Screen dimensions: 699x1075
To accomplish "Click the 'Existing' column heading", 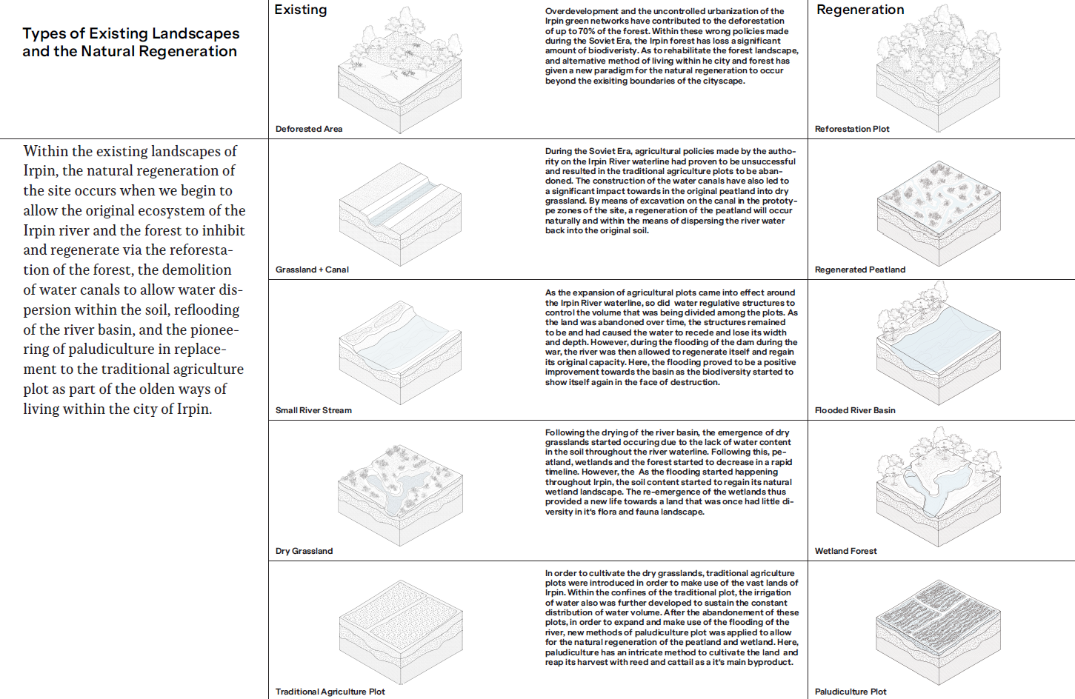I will click(300, 10).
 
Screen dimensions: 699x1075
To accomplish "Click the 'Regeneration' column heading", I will click(859, 10).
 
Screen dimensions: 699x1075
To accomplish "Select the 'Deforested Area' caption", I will click(308, 129).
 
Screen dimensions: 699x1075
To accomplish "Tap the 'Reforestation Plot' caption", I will click(852, 129).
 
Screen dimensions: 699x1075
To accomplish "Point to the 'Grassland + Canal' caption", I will click(312, 270).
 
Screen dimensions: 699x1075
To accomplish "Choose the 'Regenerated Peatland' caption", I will click(859, 270).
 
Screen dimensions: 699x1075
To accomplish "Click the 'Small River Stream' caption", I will click(313, 410).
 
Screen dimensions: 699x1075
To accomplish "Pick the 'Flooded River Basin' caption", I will click(855, 410).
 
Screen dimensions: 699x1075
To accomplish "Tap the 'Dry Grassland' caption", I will click(304, 551).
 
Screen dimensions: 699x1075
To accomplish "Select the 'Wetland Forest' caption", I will click(845, 551).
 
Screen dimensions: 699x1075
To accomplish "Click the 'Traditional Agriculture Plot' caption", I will click(330, 692).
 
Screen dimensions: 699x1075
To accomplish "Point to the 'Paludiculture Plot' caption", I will click(851, 692).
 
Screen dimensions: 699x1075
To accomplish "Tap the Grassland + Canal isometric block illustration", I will click(400, 215).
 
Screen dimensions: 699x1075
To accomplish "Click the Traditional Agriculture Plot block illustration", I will click(400, 637).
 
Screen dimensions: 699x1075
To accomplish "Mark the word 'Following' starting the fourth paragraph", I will click(565, 432).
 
